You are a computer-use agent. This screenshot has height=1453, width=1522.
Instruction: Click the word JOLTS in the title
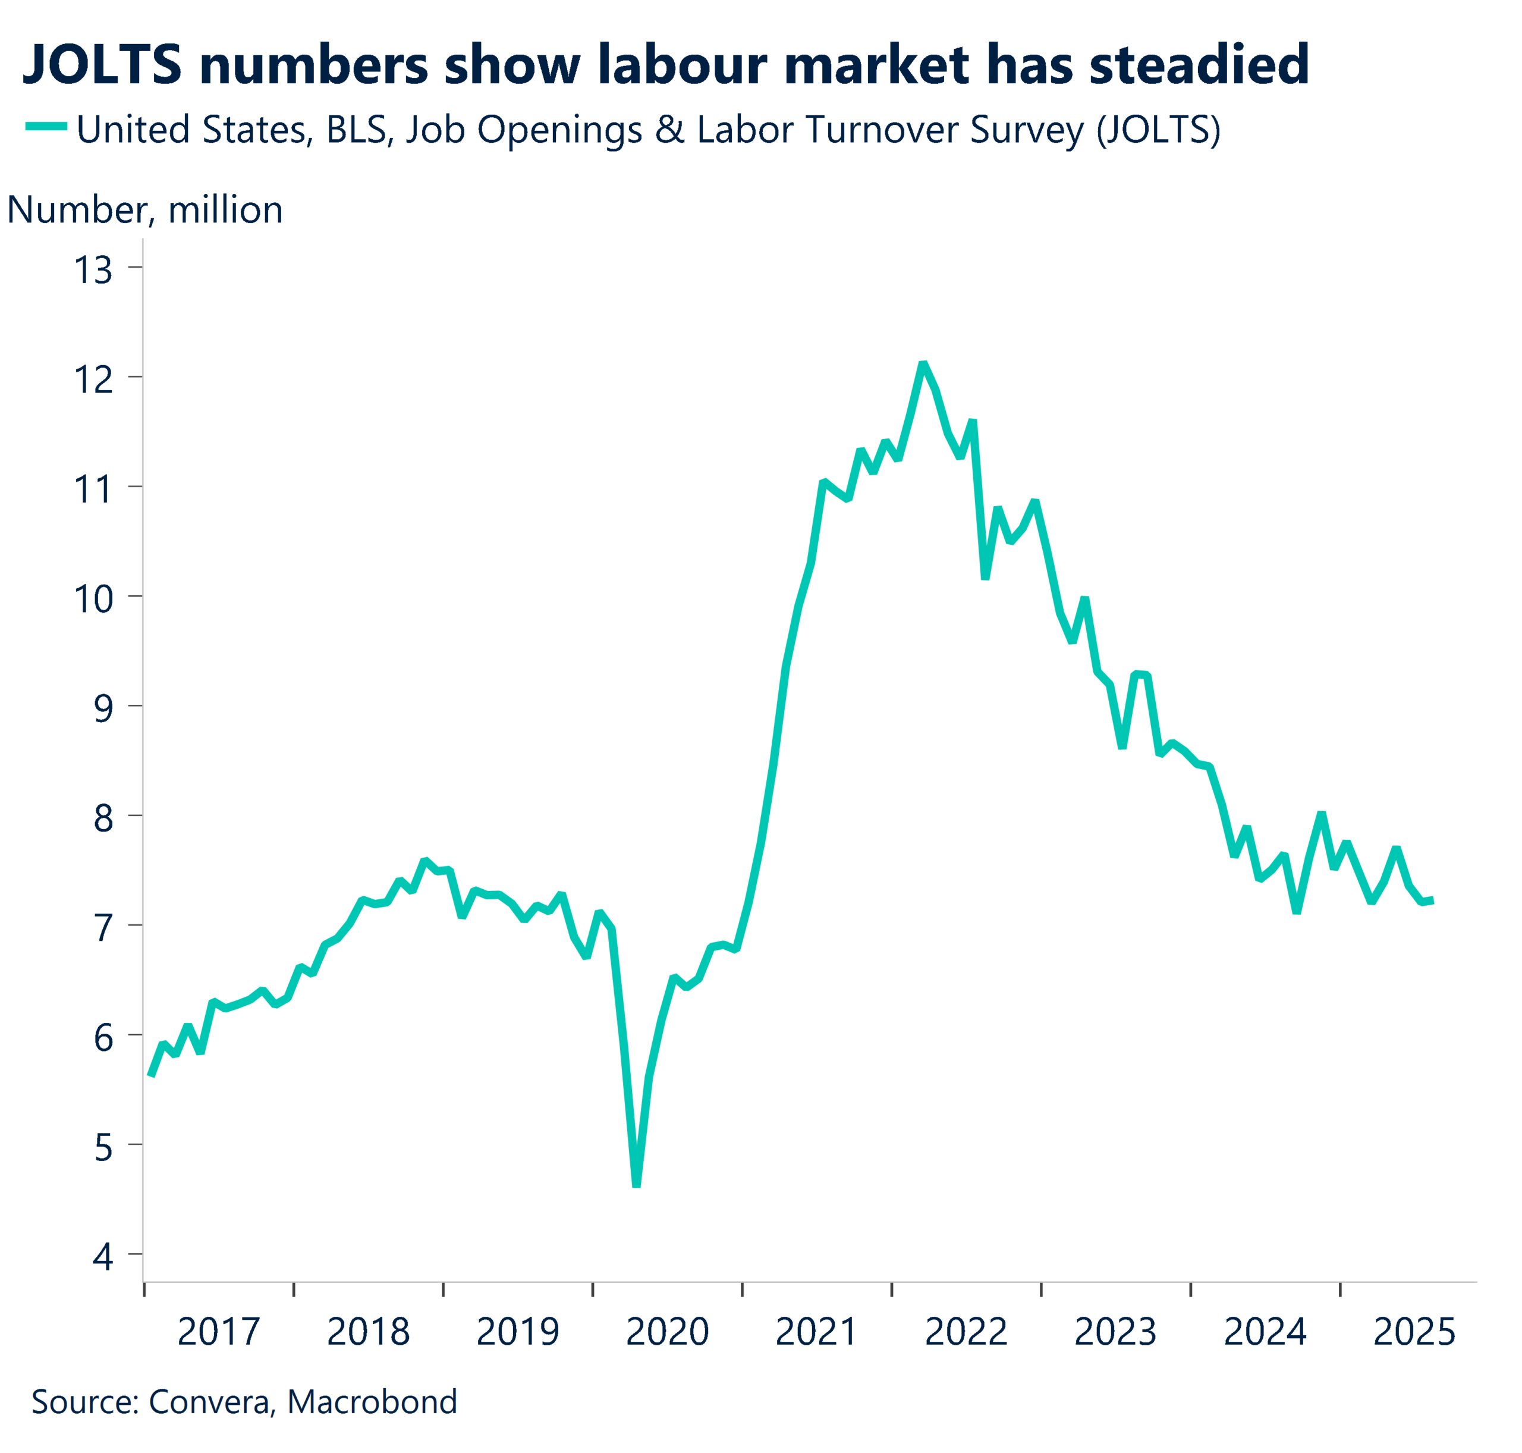coord(102,64)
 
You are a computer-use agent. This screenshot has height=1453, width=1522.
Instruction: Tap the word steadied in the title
coord(1199,64)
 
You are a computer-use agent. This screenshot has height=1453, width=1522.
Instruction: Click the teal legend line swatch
coord(46,126)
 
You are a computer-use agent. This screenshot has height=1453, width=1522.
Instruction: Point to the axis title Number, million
coord(144,210)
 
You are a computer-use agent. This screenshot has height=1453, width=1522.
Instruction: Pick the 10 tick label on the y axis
coord(93,599)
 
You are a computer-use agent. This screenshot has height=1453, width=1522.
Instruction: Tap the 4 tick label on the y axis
coord(103,1256)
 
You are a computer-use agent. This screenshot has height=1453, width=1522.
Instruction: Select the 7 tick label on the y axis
coord(103,928)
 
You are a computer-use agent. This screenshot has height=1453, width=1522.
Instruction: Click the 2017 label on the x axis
coord(218,1332)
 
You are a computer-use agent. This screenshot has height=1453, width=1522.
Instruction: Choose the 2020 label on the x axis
coord(666,1332)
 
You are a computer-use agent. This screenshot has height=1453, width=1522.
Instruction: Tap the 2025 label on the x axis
coord(1414,1332)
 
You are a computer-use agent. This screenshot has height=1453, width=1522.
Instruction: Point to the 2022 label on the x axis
coord(966,1332)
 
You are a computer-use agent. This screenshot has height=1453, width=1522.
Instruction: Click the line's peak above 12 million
coord(923,364)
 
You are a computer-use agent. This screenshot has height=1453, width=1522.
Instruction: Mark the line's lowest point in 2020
coord(636,1184)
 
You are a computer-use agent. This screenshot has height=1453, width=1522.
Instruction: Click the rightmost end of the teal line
coord(1433,900)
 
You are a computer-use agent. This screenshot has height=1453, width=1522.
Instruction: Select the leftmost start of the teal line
coord(150,1076)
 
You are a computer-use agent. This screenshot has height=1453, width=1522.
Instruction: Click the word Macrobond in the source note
coord(372,1402)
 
